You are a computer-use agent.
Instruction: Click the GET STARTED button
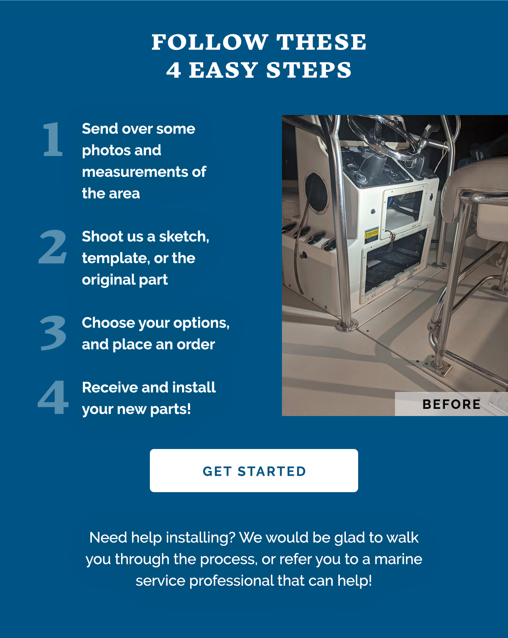[254, 471]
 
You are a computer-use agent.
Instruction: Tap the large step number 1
[53, 140]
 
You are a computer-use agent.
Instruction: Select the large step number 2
[53, 247]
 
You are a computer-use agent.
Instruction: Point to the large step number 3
[53, 333]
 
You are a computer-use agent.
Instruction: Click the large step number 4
[53, 398]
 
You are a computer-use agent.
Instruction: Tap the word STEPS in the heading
[309, 70]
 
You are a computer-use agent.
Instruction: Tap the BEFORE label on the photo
[451, 404]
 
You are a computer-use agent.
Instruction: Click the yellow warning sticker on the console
[371, 235]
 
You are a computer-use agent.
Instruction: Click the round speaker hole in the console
[317, 192]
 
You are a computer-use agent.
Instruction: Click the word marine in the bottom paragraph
[398, 559]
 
